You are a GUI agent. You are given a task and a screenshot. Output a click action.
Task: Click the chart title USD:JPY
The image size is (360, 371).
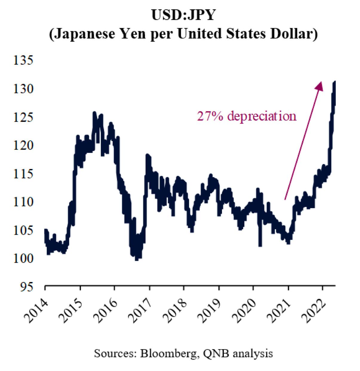pos(183,15)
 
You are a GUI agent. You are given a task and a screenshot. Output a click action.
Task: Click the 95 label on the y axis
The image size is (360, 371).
pos(27,287)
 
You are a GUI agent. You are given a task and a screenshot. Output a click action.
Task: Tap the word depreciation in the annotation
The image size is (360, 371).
pos(262,117)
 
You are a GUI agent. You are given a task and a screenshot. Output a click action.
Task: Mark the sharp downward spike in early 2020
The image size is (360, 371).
pos(260,238)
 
